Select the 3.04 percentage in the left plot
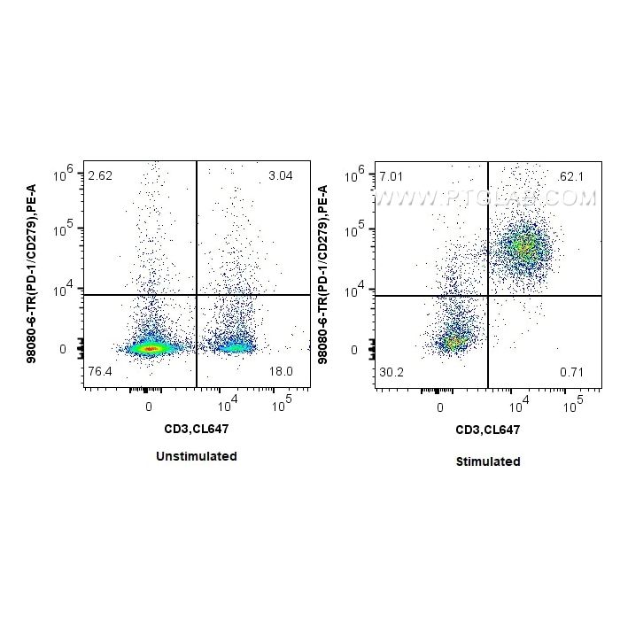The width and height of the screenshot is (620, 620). [280, 175]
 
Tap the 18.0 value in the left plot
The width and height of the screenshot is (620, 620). [280, 370]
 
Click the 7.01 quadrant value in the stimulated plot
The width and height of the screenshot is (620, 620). [391, 177]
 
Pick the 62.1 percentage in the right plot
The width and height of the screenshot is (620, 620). [571, 177]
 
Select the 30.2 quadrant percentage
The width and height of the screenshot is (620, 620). [391, 371]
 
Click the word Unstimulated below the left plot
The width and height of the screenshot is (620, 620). [196, 456]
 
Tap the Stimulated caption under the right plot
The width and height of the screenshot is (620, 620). [488, 461]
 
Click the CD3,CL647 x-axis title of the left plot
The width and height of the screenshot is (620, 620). [196, 430]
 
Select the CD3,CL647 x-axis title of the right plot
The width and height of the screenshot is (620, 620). [487, 430]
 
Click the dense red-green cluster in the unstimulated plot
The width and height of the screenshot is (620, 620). [150, 349]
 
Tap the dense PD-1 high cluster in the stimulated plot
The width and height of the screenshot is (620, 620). [524, 247]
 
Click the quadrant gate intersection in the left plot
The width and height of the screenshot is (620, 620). [196, 295]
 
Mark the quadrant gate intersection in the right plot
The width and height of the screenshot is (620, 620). [488, 296]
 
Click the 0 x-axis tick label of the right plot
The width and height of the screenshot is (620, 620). [440, 407]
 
